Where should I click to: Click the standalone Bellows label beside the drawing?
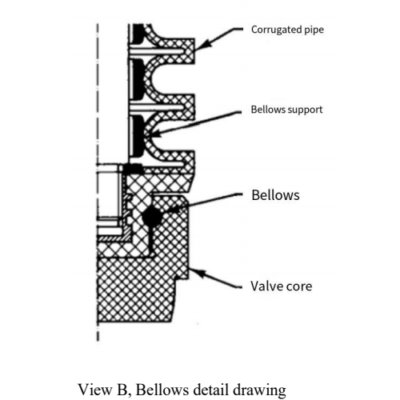[x=275, y=195]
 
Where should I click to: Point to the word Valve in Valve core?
[x=265, y=286]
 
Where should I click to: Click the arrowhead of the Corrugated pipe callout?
[x=197, y=49]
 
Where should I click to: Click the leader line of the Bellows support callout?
[x=200, y=119]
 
